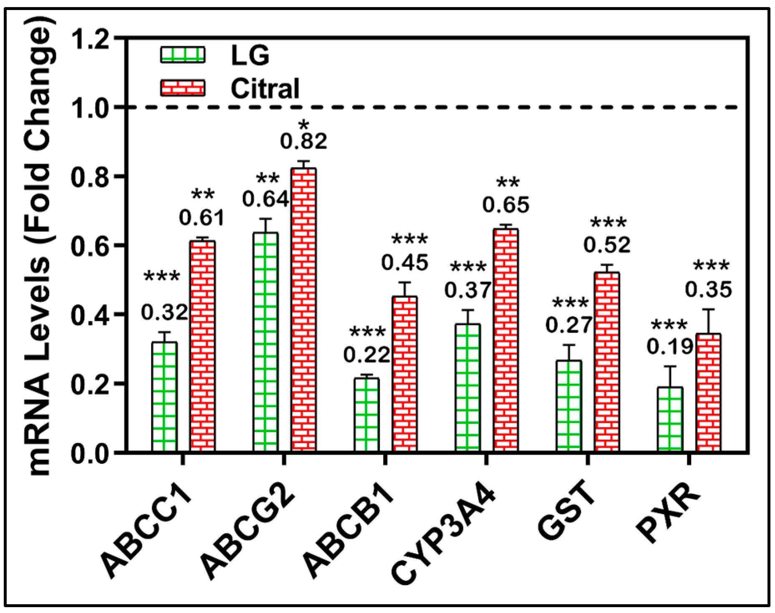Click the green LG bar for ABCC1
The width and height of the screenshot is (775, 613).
pos(164,397)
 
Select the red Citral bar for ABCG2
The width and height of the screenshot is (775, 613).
pos(304,309)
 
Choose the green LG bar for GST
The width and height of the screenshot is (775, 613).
pos(569,405)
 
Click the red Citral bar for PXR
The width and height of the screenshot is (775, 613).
pos(708,393)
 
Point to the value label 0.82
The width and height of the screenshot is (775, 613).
pos(304,141)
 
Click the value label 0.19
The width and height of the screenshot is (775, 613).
pos(669,347)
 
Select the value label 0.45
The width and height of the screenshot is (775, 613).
pos(404,263)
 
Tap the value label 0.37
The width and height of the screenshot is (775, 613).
pos(467,290)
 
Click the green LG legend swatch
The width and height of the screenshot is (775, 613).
pos(183,55)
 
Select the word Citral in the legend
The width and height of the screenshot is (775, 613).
pos(265,89)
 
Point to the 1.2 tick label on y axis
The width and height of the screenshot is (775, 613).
pos(90,40)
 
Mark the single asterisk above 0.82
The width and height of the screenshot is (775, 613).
pos(304,124)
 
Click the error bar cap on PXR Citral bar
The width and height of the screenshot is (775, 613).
pos(708,309)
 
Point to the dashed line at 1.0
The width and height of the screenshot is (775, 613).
pos(459,107)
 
